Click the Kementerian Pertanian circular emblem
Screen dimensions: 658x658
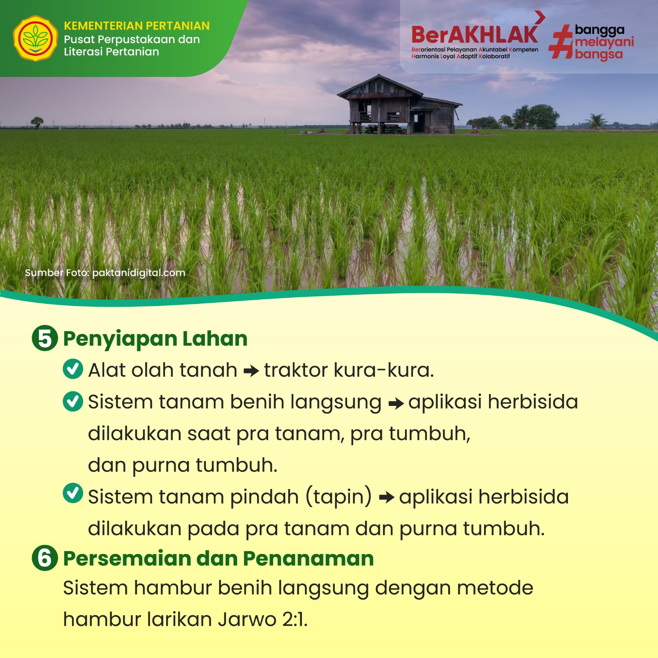35,39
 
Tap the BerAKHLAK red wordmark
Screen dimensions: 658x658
475,35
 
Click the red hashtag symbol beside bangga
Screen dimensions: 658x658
561,42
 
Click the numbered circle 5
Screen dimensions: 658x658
45,338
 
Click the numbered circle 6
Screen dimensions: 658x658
45,558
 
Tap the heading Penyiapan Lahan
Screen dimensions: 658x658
155,339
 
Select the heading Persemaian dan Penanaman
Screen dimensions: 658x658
218,558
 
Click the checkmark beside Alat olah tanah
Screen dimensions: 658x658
73,368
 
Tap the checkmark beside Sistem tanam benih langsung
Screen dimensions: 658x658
73,401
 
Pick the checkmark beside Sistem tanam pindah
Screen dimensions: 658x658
73,493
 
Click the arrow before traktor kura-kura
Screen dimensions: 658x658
251,371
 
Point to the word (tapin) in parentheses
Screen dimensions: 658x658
338,497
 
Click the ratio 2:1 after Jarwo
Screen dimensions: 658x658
294,619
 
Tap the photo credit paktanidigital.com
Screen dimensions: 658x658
139,273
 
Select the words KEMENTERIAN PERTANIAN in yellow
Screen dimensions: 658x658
137,26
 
